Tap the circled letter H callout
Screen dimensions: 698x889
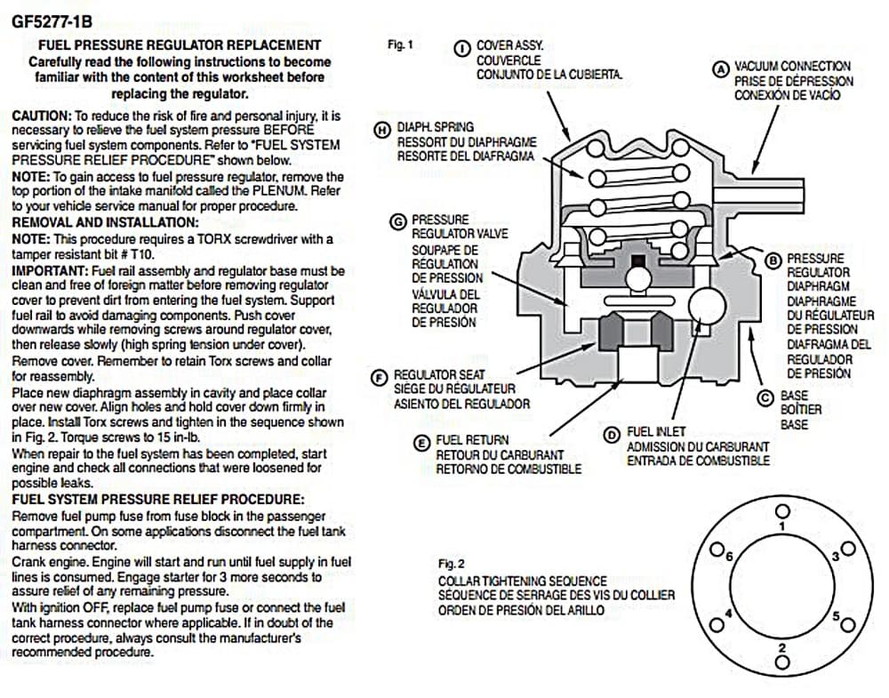(383, 129)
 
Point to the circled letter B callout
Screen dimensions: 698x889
(773, 259)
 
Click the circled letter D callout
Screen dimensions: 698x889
(612, 435)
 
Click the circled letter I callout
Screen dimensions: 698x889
(462, 47)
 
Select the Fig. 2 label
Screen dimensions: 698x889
(452, 564)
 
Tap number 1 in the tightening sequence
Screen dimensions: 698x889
(781, 526)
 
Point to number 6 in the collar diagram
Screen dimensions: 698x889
(730, 557)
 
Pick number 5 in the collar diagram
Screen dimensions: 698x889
(836, 615)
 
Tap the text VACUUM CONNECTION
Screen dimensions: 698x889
(791, 66)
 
